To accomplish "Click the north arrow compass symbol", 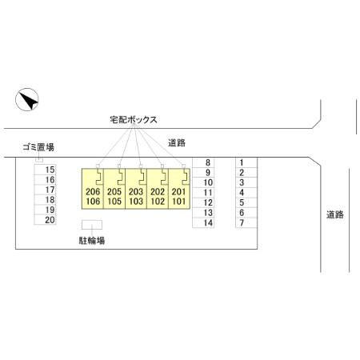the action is (27, 99).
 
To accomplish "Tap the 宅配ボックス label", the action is (134, 119).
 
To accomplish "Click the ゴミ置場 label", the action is (38, 147).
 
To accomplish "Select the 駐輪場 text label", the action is (92, 241).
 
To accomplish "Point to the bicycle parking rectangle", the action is (92, 225).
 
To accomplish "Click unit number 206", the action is (93, 191).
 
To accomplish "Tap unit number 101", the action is (178, 202).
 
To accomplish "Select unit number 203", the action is (136, 191).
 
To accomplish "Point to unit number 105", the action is (114, 202).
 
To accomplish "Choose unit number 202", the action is (158, 191).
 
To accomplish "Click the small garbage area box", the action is (39, 160).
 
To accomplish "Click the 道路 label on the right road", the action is (335, 214).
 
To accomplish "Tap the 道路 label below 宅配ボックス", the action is (177, 143).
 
